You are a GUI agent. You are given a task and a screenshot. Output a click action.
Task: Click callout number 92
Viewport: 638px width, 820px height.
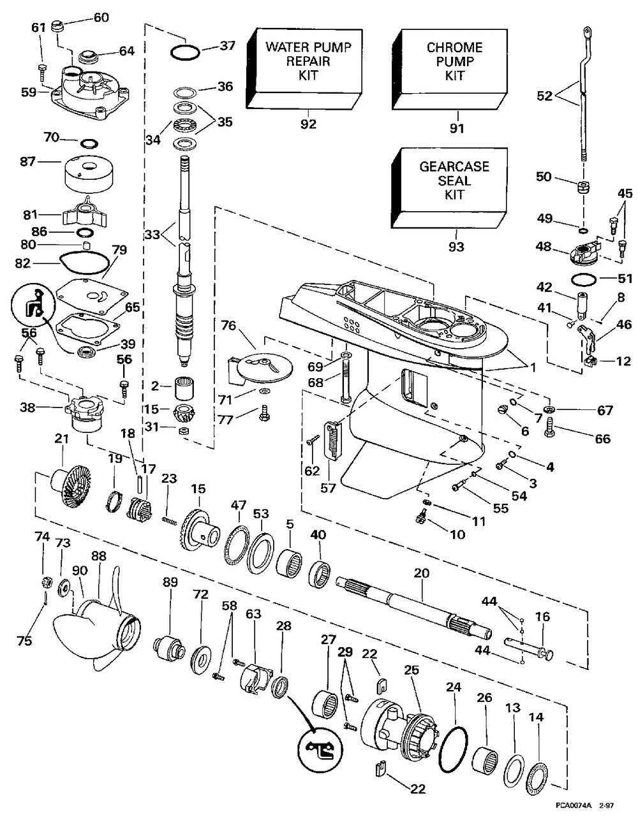308,124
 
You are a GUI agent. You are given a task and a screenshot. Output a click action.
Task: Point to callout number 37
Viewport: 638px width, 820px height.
228,45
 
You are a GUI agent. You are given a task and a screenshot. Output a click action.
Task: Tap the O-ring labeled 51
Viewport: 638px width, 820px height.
584,279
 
